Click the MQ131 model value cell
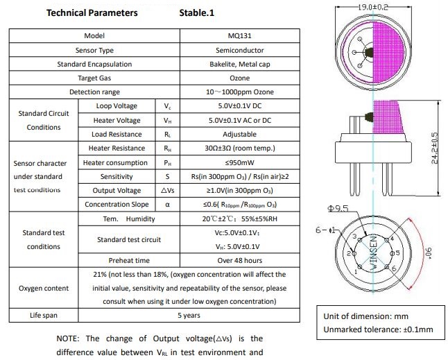click(239, 35)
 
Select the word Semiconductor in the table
click(239, 50)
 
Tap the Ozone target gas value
click(239, 78)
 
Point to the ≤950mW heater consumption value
click(239, 162)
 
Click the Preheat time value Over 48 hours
click(239, 260)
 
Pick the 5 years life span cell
click(189, 315)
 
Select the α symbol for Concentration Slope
click(167, 205)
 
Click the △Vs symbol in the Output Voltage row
click(167, 190)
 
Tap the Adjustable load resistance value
click(239, 135)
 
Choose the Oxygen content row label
click(44, 288)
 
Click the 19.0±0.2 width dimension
click(373, 7)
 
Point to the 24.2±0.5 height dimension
click(434, 148)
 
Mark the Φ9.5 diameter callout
click(338, 208)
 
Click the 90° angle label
click(429, 252)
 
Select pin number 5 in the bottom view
click(397, 253)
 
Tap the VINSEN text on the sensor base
click(374, 252)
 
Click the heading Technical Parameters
click(92, 13)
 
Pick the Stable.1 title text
click(196, 13)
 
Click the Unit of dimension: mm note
click(365, 316)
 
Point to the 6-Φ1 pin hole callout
click(325, 230)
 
